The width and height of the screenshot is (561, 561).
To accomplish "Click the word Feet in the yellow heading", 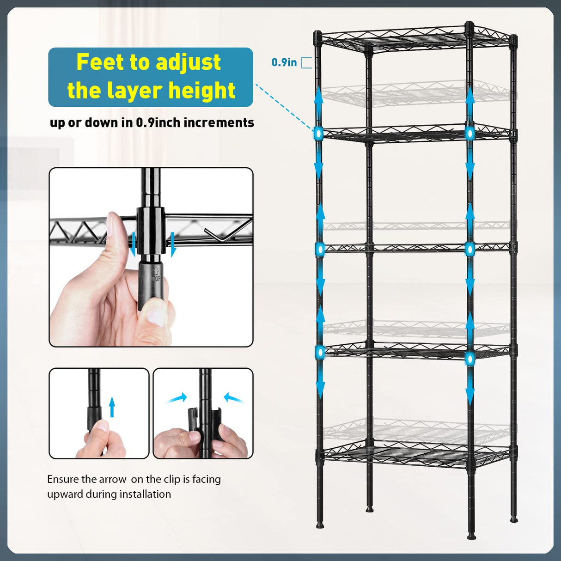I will click(98, 62).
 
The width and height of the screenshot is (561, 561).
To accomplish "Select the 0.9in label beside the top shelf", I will click(284, 62).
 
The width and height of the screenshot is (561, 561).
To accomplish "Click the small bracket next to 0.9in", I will click(306, 62).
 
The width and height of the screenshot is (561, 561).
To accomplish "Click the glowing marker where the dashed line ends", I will click(318, 134).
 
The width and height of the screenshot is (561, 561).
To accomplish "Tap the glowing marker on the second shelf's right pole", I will click(470, 134).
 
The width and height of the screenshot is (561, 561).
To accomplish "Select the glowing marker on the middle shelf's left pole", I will click(319, 250).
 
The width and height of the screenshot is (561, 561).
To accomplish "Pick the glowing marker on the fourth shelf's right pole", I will click(470, 358).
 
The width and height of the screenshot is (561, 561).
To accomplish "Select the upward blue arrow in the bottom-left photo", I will click(112, 407).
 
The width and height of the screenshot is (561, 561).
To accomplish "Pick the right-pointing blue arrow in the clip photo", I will click(177, 397).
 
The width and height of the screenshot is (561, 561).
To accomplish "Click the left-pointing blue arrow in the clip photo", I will click(233, 398).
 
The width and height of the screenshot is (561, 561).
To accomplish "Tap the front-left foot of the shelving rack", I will click(320, 525).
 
